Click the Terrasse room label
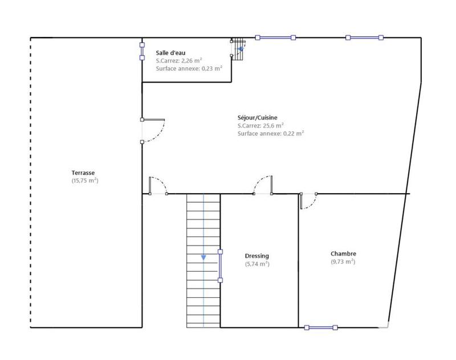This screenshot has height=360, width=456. point(83,173)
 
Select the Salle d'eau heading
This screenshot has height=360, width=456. point(171,52)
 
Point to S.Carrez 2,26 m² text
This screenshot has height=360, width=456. point(180,60)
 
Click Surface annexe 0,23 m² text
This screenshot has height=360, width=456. point(189,68)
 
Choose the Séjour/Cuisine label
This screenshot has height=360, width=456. point(258,117)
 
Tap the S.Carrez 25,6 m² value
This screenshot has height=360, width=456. point(260,125)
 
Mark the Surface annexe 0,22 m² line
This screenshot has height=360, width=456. point(270,133)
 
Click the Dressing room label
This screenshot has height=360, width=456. point(257,256)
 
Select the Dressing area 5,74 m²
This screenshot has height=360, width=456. point(257,264)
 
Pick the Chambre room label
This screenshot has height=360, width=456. point(343,253)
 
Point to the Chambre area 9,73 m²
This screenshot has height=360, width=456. point(343,262)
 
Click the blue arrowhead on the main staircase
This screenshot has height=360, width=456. point(203,257)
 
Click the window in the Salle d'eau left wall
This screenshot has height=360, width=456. point(142,50)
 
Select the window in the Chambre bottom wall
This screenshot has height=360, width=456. point(321,328)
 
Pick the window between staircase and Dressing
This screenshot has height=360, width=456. point(220,265)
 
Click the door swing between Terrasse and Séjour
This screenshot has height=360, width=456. point(153,130)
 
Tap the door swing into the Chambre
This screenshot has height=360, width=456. point(308,201)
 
